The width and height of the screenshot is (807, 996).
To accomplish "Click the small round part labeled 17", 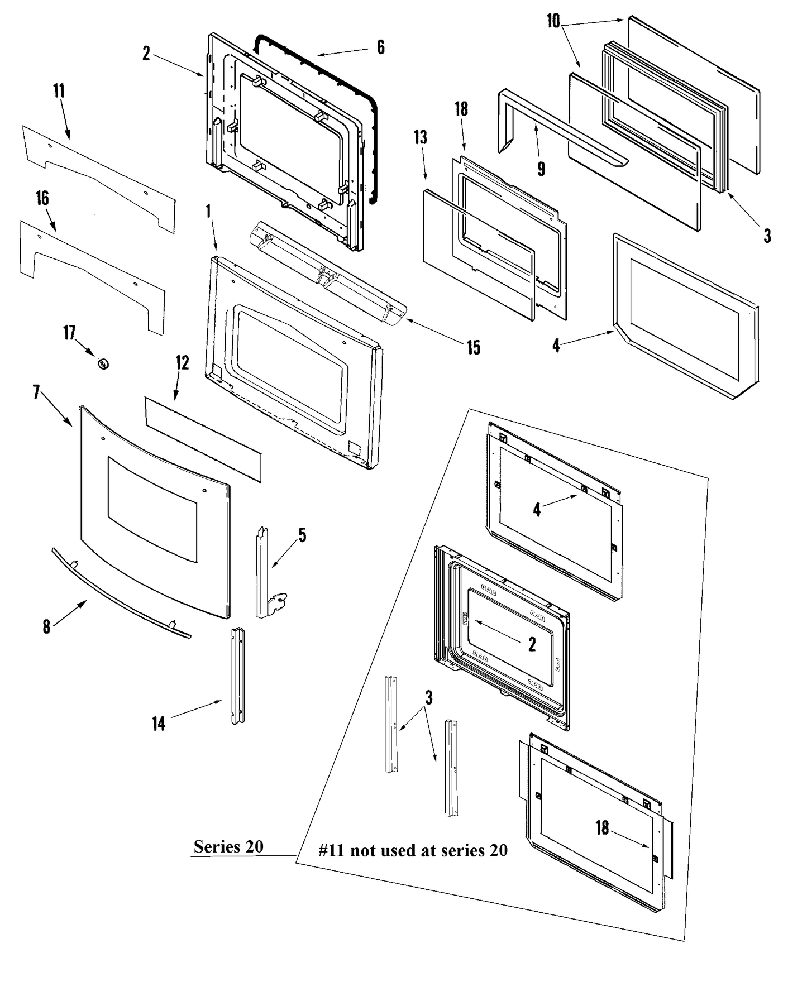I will coord(103,364).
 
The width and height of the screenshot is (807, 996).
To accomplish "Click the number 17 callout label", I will coord(69,334).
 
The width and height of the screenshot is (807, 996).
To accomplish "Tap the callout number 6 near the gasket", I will coord(380,47).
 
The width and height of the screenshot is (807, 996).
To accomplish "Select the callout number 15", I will coord(474,348).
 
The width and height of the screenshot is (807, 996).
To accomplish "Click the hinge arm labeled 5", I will coord(266,575).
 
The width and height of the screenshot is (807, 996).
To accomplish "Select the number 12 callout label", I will coord(182,363).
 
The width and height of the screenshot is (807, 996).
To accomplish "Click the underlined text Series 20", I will coord(228,847).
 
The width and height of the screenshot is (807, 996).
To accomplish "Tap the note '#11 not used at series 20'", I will coord(413,850).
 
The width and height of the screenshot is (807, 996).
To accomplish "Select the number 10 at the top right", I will coord(553,21).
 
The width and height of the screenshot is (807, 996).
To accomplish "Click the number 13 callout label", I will coord(421,137).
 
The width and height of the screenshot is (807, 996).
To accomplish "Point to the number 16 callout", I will coord(42,198).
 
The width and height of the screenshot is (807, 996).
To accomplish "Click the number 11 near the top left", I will coord(59,91).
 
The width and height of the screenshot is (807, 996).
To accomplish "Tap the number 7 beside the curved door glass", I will coord(36,393).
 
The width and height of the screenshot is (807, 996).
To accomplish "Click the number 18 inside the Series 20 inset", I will coord(601,827).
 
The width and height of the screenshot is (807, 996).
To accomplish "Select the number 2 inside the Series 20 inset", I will coord(532,644).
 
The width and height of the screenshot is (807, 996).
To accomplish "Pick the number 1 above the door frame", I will coord(208,212).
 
